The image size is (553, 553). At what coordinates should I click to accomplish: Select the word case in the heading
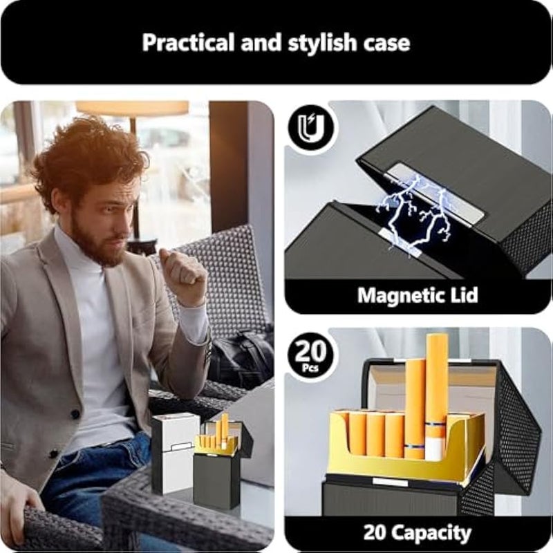click(384, 42)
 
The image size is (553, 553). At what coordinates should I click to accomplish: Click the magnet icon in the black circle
click(310, 127)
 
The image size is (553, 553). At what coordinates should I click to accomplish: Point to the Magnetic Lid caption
click(417, 296)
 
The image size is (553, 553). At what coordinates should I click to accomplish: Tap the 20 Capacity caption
click(417, 533)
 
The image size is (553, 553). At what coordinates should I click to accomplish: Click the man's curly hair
click(90, 156)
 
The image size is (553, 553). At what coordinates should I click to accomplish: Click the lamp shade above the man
click(132, 108)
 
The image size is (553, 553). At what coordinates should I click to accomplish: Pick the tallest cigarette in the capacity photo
click(436, 387)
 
